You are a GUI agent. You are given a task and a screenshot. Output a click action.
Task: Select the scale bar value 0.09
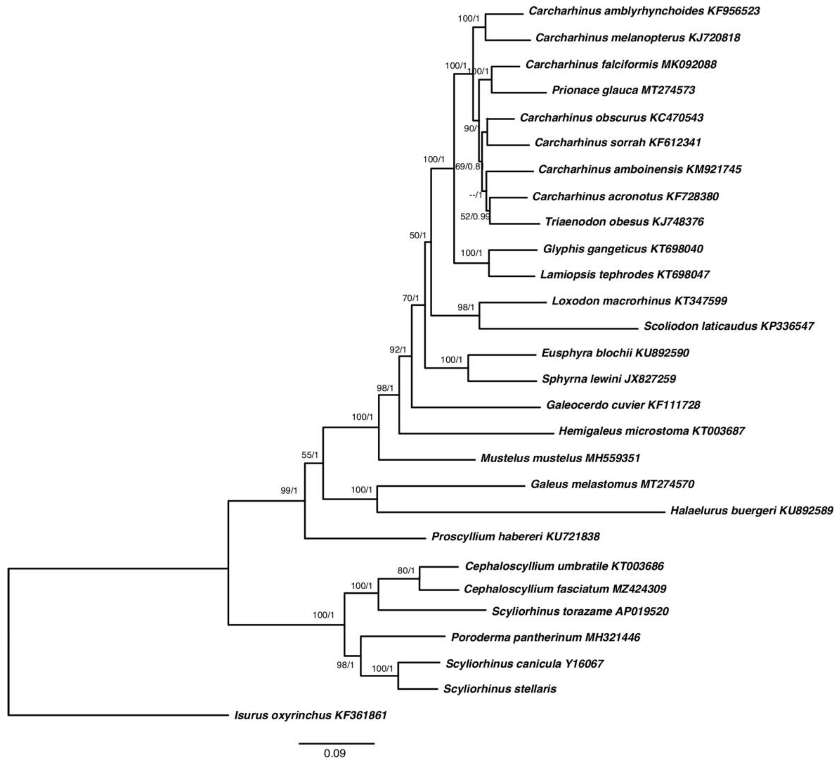pyautogui.click(x=335, y=753)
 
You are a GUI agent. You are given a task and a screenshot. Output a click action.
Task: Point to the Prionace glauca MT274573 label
pyautogui.click(x=623, y=90)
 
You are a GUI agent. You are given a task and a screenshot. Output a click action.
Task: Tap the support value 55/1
pyautogui.click(x=310, y=455)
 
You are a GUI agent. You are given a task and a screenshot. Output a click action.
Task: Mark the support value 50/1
pyautogui.click(x=418, y=235)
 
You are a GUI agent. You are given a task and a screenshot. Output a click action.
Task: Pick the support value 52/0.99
pyautogui.click(x=475, y=216)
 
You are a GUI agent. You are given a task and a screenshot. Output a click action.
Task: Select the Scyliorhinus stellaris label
pyautogui.click(x=500, y=689)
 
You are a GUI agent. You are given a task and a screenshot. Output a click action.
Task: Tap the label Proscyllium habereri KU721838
pyautogui.click(x=515, y=537)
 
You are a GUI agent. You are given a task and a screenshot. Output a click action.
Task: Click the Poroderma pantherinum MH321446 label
pyautogui.click(x=545, y=637)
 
